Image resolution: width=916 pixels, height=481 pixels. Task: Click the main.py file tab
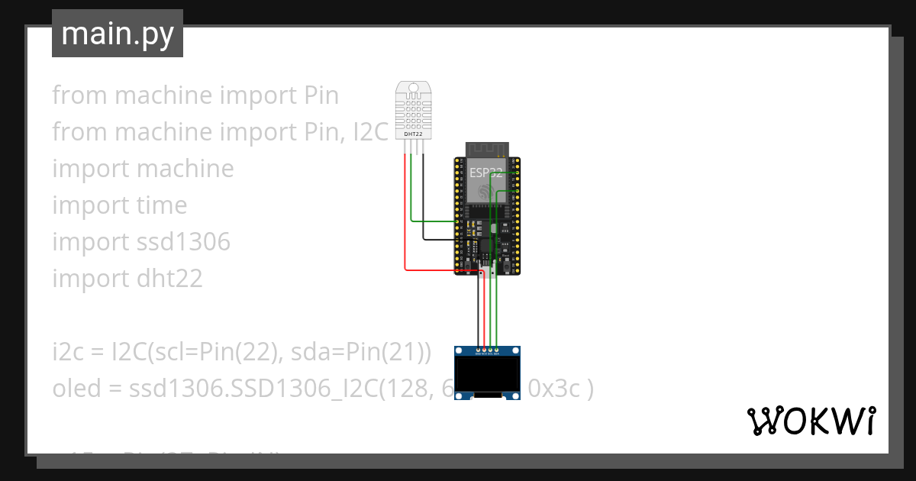pos(118,34)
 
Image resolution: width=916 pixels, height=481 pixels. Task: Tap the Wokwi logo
pos(811,421)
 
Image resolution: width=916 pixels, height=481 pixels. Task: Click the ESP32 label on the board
pos(486,173)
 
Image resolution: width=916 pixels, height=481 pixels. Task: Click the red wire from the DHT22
pos(405,229)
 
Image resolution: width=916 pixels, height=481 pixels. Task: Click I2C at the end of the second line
pos(371,132)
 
